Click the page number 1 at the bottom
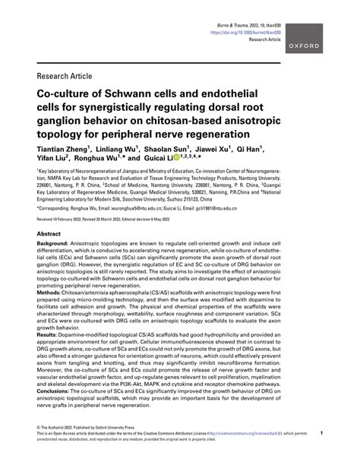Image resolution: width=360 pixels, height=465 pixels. [323, 454]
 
